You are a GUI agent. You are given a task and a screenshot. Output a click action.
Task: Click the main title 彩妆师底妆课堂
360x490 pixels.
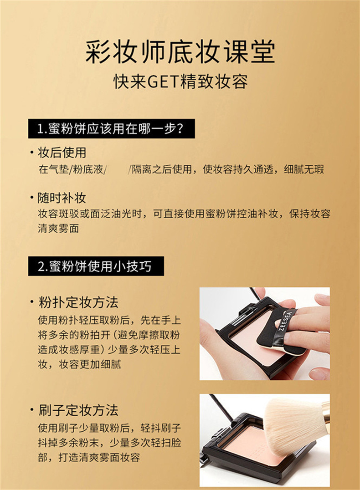click(180, 52)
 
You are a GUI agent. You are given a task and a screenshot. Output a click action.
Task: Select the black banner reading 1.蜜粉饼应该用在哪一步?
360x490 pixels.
click(112, 128)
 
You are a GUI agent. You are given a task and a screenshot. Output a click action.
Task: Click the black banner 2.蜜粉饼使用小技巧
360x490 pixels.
click(96, 266)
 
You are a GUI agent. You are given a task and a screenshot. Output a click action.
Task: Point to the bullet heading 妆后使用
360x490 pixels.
click(62, 153)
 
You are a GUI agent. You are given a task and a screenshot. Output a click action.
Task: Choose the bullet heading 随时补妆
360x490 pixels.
click(62, 198)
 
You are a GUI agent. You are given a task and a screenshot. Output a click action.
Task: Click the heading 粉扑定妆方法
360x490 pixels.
click(78, 302)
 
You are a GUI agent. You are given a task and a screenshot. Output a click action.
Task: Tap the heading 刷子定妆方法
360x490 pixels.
click(78, 410)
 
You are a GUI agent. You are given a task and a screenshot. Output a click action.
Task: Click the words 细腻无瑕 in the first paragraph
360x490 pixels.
click(304, 169)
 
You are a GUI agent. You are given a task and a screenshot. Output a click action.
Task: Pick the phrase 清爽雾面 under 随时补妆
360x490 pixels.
click(58, 229)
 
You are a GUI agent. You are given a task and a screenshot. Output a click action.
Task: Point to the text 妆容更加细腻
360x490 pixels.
click(90, 364)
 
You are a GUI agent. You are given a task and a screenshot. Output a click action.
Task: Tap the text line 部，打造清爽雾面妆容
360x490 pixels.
click(89, 458)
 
